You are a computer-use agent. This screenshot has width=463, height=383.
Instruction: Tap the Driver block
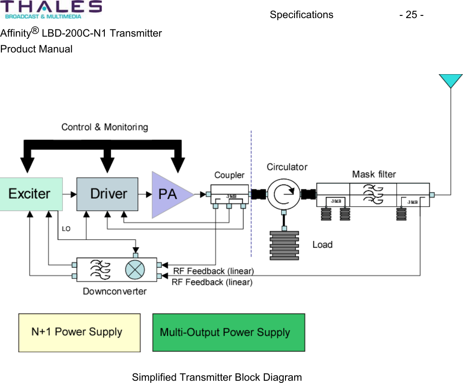[x=107, y=194]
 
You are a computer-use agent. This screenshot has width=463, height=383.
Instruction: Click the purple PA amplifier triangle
[x=169, y=194]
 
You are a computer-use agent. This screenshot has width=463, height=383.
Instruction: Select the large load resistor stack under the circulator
[x=284, y=245]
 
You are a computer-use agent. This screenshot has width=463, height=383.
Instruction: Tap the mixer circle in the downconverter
[x=135, y=270]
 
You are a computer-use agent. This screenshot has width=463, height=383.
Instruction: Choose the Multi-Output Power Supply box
[x=229, y=332]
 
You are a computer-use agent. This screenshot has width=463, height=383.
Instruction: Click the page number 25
[x=411, y=15]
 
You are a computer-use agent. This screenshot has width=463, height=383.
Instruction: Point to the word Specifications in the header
[x=301, y=15]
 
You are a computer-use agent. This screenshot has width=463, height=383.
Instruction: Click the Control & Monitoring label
[x=104, y=127]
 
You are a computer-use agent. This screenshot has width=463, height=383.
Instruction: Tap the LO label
[x=66, y=229]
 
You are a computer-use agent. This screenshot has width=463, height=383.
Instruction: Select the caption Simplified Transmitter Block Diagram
[x=217, y=377]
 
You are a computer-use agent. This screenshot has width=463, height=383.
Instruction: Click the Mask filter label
[x=374, y=174]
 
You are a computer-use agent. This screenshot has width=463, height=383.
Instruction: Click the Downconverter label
[x=114, y=292]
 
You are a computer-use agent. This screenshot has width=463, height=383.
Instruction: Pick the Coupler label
[x=229, y=175]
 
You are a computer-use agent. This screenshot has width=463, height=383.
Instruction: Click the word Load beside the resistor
[x=323, y=245]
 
